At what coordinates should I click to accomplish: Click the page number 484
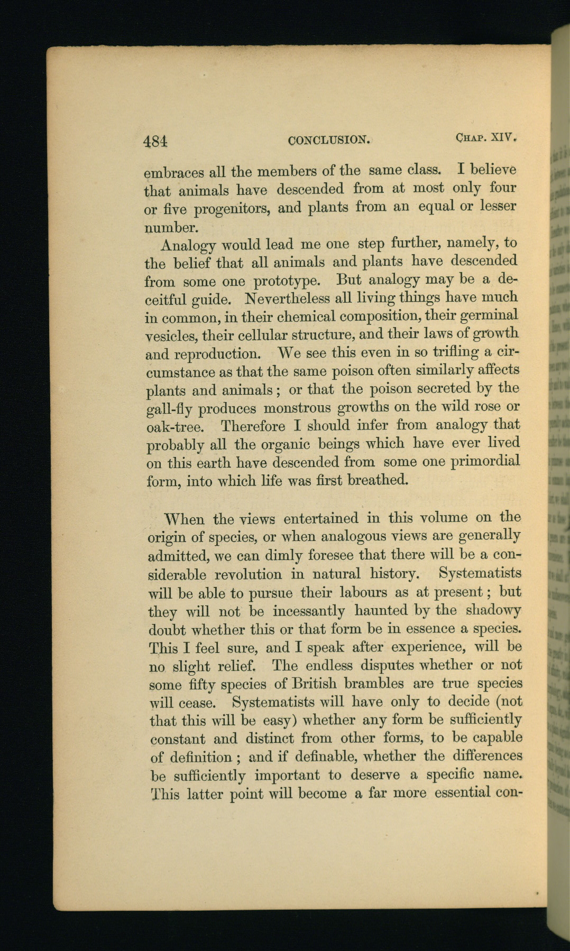155,141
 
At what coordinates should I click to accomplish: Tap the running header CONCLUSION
328,140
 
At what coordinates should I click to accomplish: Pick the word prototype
286,280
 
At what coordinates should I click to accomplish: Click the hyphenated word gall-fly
172,409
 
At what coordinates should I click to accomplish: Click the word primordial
485,461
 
